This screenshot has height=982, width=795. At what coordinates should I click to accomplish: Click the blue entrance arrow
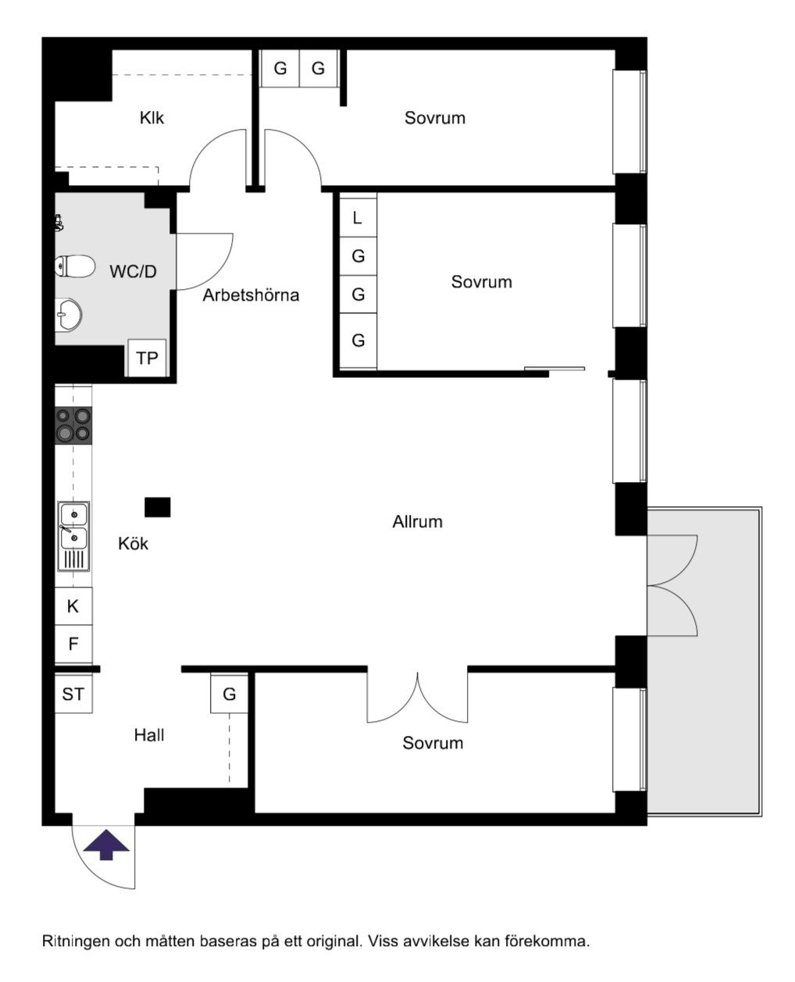point(106,845)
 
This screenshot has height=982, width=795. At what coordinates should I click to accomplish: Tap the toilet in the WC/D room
point(75,266)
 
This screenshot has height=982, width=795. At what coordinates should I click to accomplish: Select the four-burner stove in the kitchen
point(73,425)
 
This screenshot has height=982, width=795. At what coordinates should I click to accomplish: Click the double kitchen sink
point(73,536)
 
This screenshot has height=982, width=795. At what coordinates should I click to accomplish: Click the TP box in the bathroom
point(147,358)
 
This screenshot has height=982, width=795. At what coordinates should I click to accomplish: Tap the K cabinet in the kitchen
point(73,605)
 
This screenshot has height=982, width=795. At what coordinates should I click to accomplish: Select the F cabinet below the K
point(73,644)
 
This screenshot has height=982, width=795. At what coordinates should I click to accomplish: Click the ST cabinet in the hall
point(73,694)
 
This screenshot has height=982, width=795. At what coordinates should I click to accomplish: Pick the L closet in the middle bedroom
point(358,218)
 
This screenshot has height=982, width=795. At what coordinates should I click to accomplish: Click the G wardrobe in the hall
point(229,694)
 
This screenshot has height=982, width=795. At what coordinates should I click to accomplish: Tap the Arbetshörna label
point(251,295)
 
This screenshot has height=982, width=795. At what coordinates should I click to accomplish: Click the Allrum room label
point(418,522)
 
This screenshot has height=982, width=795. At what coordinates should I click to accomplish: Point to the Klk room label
point(152,118)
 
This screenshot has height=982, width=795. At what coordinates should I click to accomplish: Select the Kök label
point(134,544)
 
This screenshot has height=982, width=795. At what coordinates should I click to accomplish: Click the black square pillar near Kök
point(158,507)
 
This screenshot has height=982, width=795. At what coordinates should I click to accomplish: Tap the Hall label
point(149,735)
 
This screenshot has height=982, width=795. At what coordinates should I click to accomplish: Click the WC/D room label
point(134,272)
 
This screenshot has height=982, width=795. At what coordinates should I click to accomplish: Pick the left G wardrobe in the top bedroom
point(280,68)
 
